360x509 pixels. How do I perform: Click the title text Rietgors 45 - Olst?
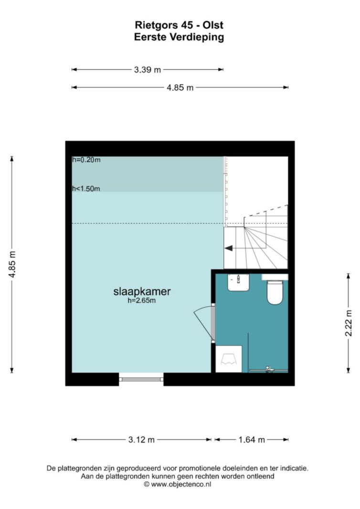[x=179, y=25]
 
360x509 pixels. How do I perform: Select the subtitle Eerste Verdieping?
[x=179, y=37]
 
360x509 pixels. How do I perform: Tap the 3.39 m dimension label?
[x=148, y=70]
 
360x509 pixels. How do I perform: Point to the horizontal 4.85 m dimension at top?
[x=180, y=87]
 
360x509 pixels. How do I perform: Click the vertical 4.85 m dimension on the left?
[x=12, y=264]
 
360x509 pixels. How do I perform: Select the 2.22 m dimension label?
[x=349, y=323]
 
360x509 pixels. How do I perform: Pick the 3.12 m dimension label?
[x=141, y=440]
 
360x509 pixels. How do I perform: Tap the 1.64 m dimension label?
[x=252, y=440]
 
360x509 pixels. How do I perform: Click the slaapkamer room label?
[x=142, y=291]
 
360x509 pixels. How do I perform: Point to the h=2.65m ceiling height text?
[x=142, y=301]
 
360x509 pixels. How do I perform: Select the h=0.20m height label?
[x=86, y=160]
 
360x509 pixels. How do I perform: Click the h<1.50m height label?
[x=86, y=188]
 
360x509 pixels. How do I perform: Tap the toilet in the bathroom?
[x=275, y=292]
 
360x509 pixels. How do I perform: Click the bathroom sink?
[x=238, y=282]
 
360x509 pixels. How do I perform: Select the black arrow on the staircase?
[x=228, y=248]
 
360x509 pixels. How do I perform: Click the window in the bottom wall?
[x=141, y=379]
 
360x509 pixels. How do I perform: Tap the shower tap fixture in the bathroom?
[x=268, y=369]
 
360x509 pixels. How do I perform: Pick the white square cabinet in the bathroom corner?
[x=229, y=359]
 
